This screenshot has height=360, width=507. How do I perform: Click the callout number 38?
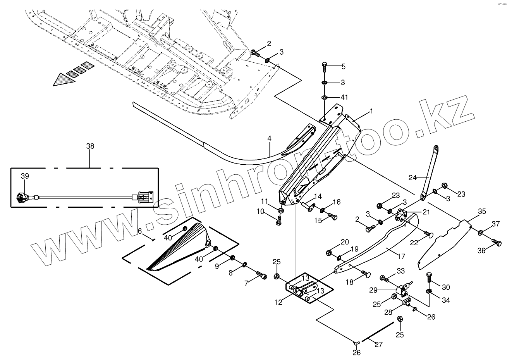pyautogui.click(x=90, y=146)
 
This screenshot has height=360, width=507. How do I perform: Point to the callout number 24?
pyautogui.click(x=412, y=178)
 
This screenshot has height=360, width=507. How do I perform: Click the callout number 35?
pyautogui.click(x=481, y=212)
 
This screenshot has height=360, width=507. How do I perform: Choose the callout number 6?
pyautogui.click(x=140, y=231)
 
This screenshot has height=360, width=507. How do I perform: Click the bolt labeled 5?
pyautogui.click(x=325, y=67)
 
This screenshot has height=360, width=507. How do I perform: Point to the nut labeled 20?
pyautogui.click(x=329, y=253)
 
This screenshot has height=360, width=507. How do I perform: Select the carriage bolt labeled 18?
pyautogui.click(x=365, y=274)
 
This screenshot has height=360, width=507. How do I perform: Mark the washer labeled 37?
pyautogui.click(x=480, y=233)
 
